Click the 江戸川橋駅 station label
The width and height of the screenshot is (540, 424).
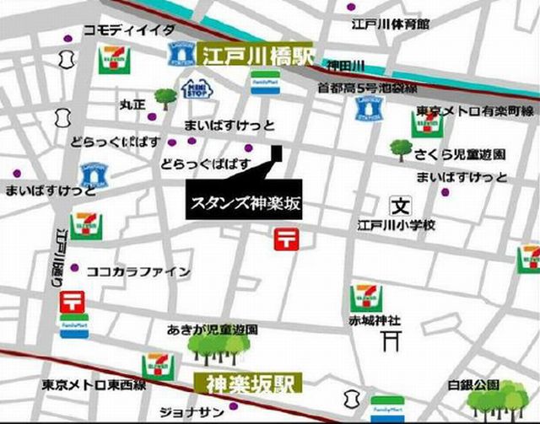[256, 56]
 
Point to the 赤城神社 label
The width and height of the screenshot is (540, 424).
[373, 321]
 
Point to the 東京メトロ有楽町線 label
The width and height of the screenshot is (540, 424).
[476, 110]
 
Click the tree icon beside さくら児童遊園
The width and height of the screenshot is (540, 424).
[402, 150]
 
